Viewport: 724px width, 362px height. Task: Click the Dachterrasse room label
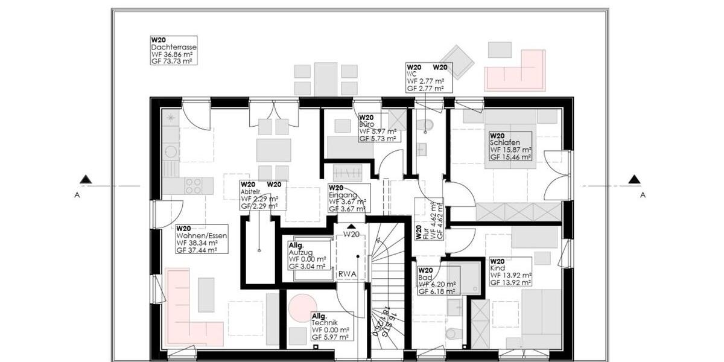click(174, 50)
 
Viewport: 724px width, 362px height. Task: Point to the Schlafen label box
click(510, 147)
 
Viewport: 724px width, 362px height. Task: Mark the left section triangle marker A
click(86, 179)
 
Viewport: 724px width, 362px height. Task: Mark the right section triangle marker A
click(634, 179)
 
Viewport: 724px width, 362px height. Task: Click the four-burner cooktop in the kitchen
click(193, 186)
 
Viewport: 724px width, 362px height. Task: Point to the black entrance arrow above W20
click(352, 227)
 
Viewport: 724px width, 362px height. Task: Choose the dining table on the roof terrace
click(326, 79)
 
